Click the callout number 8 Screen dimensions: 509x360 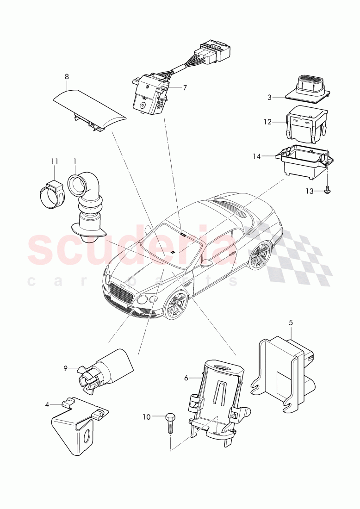coord(67,76)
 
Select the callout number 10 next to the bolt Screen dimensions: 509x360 coord(146,417)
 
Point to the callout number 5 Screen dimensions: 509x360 coord(291,323)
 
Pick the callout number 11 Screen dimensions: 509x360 coord(55,161)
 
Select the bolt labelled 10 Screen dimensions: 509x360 coord(169,422)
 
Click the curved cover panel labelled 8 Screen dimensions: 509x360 coord(88,107)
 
